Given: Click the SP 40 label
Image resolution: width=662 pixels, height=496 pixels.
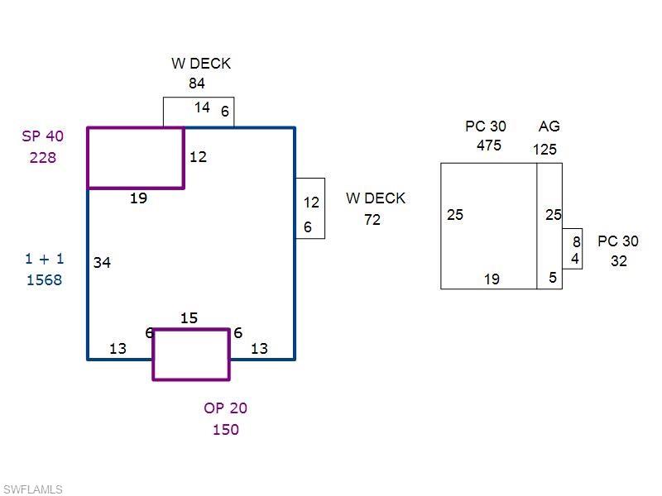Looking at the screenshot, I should [x=43, y=136].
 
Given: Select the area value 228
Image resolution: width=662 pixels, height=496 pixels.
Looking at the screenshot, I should [x=43, y=157].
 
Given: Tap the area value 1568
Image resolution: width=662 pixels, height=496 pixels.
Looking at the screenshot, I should [x=44, y=279].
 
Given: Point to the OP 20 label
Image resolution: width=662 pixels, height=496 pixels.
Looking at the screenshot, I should [x=225, y=408].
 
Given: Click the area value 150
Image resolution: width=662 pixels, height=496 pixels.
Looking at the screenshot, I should [x=225, y=429].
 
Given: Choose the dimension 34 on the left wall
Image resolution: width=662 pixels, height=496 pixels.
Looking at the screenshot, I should [x=102, y=262].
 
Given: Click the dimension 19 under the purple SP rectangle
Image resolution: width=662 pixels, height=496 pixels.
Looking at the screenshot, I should [x=138, y=198].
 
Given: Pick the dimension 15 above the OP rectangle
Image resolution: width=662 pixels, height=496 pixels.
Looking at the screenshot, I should [x=189, y=318].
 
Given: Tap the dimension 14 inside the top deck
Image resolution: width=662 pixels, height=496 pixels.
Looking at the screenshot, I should [x=202, y=107].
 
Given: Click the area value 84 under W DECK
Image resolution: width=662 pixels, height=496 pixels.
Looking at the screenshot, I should [x=197, y=83].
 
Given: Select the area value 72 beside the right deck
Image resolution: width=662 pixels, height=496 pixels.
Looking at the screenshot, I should [x=372, y=219].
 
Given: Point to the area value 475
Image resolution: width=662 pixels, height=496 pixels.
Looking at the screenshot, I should [x=489, y=145].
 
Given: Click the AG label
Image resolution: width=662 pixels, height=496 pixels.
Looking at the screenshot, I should [x=549, y=126].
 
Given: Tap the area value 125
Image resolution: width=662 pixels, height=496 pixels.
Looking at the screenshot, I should [x=544, y=150].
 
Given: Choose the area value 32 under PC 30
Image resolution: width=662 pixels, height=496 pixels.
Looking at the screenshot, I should [x=619, y=261].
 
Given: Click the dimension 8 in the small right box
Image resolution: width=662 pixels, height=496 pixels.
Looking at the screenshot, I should [x=577, y=242].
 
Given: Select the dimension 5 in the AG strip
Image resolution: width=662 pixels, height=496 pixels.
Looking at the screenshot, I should [x=553, y=278].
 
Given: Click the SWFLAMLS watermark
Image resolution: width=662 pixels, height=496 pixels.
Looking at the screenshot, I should [x=33, y=489].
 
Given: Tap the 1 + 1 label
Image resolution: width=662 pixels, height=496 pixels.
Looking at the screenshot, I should [x=44, y=259].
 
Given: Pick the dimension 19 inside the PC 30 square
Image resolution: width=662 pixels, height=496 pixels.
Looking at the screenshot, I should [x=492, y=279].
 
